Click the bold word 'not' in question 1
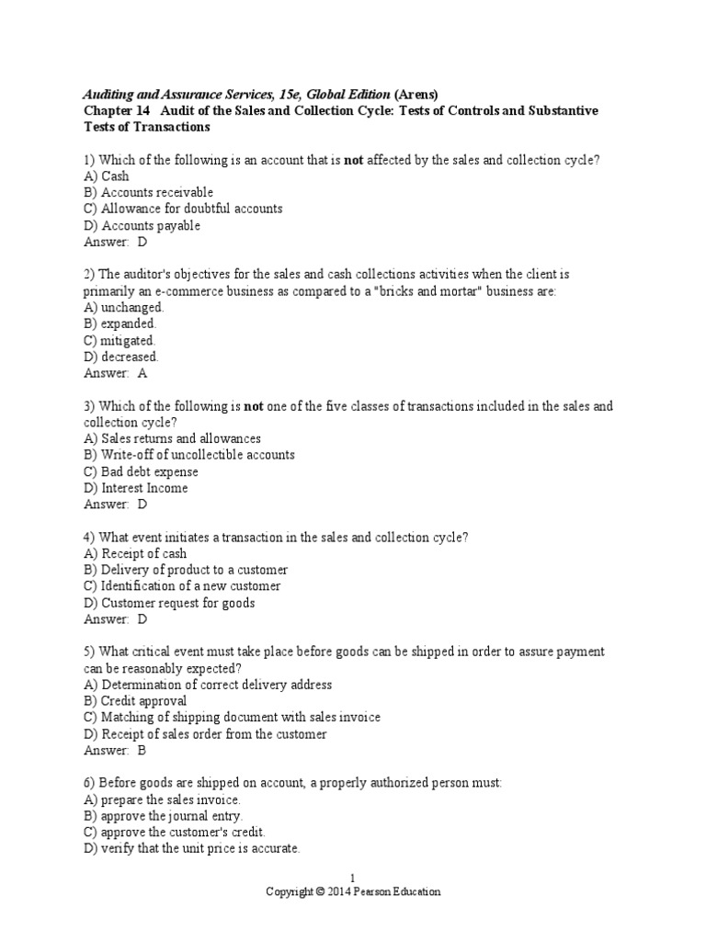354,160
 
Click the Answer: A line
115,373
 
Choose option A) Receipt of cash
134,553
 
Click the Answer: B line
115,750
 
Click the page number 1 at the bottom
353,879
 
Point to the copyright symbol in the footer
319,891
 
